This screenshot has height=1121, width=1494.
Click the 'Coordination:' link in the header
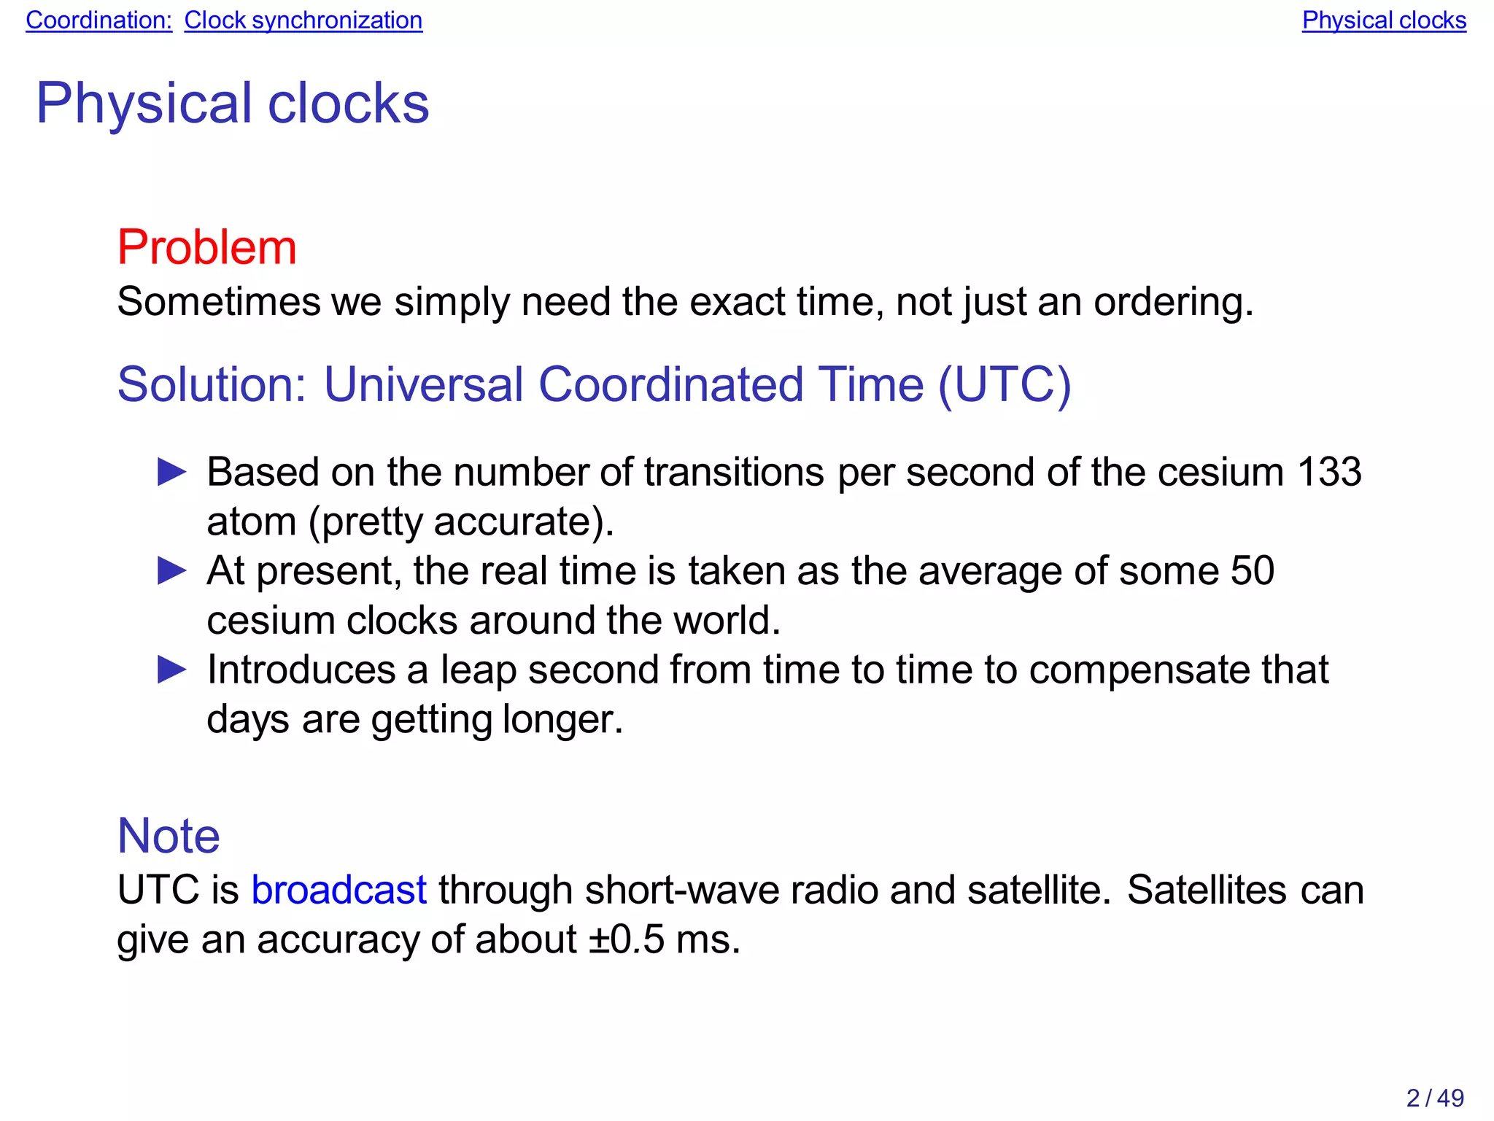pyautogui.click(x=98, y=20)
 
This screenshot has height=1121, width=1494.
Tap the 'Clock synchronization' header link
pyautogui.click(x=303, y=20)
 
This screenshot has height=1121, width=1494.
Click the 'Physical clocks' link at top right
pyautogui.click(x=1384, y=20)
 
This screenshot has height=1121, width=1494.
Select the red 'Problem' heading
pyautogui.click(x=207, y=247)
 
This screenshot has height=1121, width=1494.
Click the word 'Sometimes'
pyautogui.click(x=219, y=302)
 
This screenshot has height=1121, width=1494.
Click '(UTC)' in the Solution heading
pyautogui.click(x=1005, y=384)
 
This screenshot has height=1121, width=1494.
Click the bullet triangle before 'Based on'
pyautogui.click(x=172, y=473)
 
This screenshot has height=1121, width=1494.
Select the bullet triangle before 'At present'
pyautogui.click(x=172, y=571)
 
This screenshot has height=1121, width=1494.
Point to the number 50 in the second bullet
pyautogui.click(x=1252, y=571)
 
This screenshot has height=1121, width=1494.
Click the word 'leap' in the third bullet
pyautogui.click(x=479, y=671)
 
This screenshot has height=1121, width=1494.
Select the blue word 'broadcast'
pyautogui.click(x=339, y=891)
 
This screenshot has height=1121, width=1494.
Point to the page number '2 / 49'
pyautogui.click(x=1435, y=1098)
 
